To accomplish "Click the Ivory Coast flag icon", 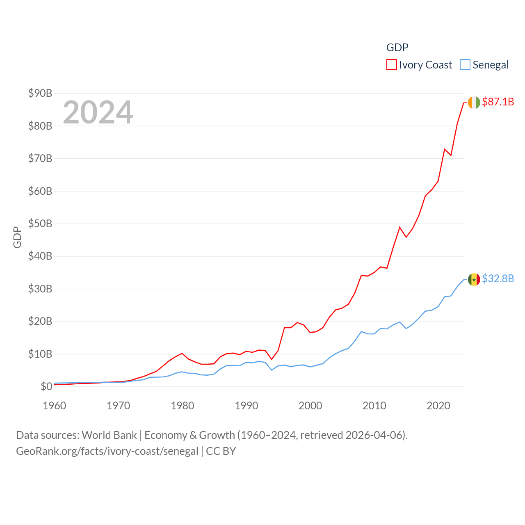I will point(474,102).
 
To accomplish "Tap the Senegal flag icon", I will point(474,279).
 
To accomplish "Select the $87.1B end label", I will point(498,102).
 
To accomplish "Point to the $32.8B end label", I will point(498,279).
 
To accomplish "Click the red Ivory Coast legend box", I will point(392,65).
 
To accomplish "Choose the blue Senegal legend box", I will point(465,65).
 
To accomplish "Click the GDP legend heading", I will point(397,48).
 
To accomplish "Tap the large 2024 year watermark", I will point(98,112).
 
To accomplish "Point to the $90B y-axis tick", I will point(40,93).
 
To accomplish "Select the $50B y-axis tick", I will point(40,224).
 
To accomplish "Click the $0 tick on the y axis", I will point(46,386).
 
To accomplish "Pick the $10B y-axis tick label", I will point(40,354).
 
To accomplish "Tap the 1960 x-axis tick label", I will point(55,406).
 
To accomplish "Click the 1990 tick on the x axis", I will point(247,406).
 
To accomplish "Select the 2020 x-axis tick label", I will point(438,406).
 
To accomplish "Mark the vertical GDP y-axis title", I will point(17,237).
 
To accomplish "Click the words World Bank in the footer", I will point(109,435).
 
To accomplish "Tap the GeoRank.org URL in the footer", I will point(107,451).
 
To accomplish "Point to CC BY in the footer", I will point(221,451).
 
